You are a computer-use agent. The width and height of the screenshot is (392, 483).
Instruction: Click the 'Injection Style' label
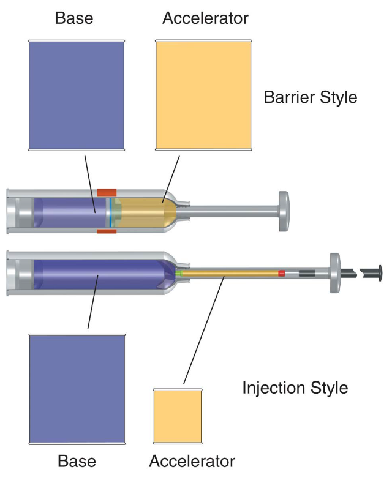click(x=295, y=388)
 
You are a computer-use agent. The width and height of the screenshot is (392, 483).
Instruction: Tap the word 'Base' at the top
click(x=74, y=18)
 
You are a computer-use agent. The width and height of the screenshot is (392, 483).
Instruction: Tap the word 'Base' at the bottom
click(x=77, y=460)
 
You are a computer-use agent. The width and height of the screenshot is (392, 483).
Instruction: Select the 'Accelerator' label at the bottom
click(x=192, y=460)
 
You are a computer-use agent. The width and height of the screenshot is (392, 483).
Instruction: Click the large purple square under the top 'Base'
click(x=77, y=95)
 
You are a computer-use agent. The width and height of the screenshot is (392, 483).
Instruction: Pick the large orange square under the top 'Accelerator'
click(x=203, y=95)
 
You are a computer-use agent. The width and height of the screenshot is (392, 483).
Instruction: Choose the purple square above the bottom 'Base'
click(x=77, y=389)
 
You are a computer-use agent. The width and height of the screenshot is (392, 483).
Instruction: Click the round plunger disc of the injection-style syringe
click(x=336, y=272)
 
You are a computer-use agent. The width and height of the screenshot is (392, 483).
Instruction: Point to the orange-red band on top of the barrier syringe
click(x=107, y=192)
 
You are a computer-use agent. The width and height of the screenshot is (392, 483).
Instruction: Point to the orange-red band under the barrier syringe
click(x=107, y=231)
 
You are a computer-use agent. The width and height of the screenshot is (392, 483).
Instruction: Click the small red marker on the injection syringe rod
click(x=282, y=273)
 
